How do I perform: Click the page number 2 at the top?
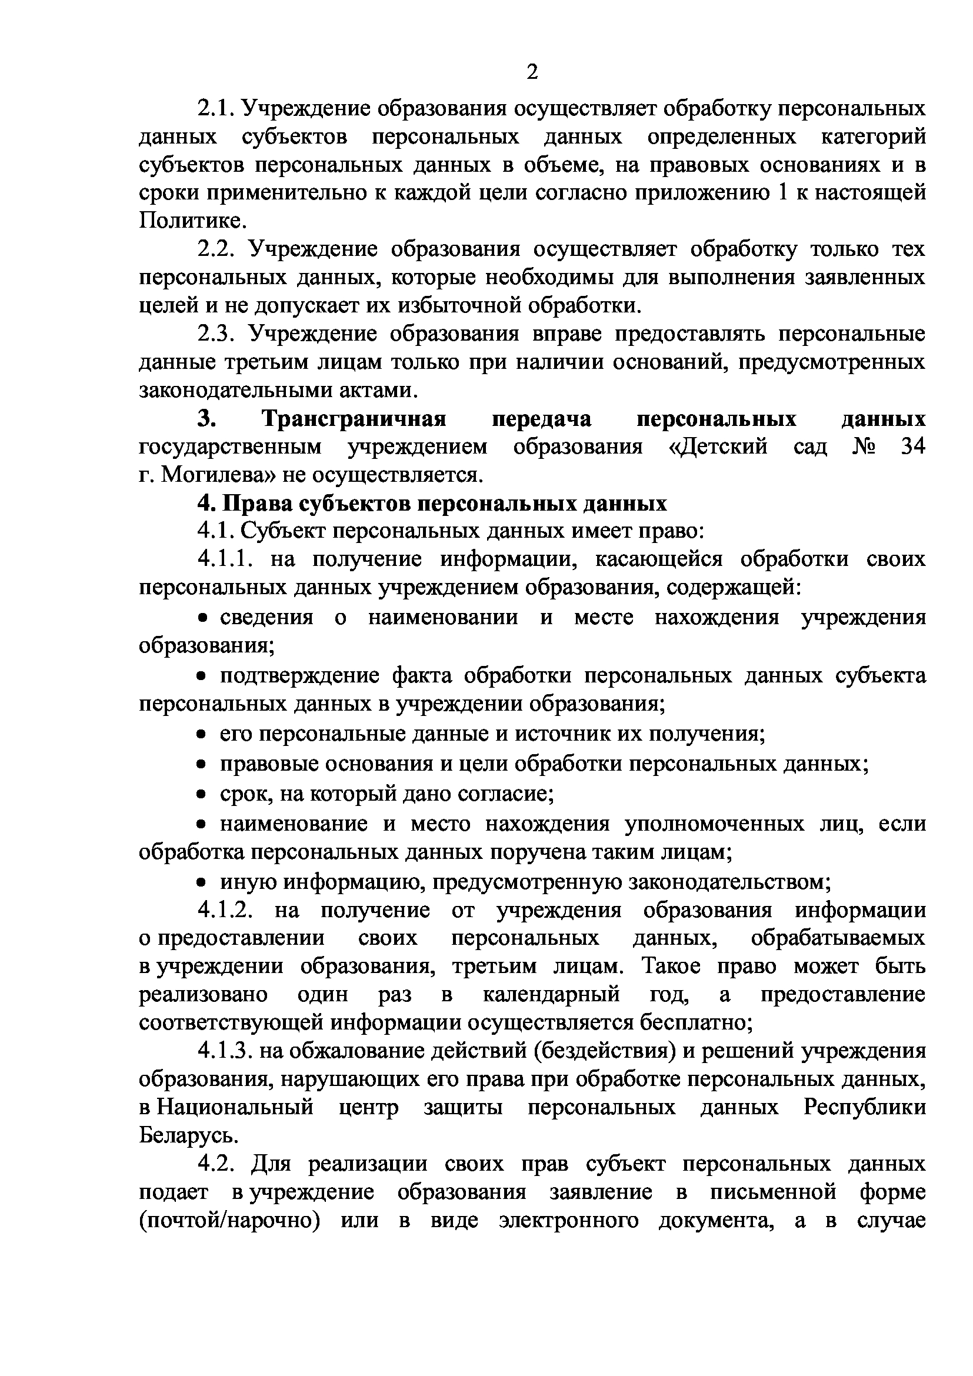(x=531, y=72)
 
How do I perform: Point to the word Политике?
(x=193, y=221)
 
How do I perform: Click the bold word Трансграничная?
(x=354, y=418)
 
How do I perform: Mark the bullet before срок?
(x=203, y=795)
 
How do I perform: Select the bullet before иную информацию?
(x=203, y=883)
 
